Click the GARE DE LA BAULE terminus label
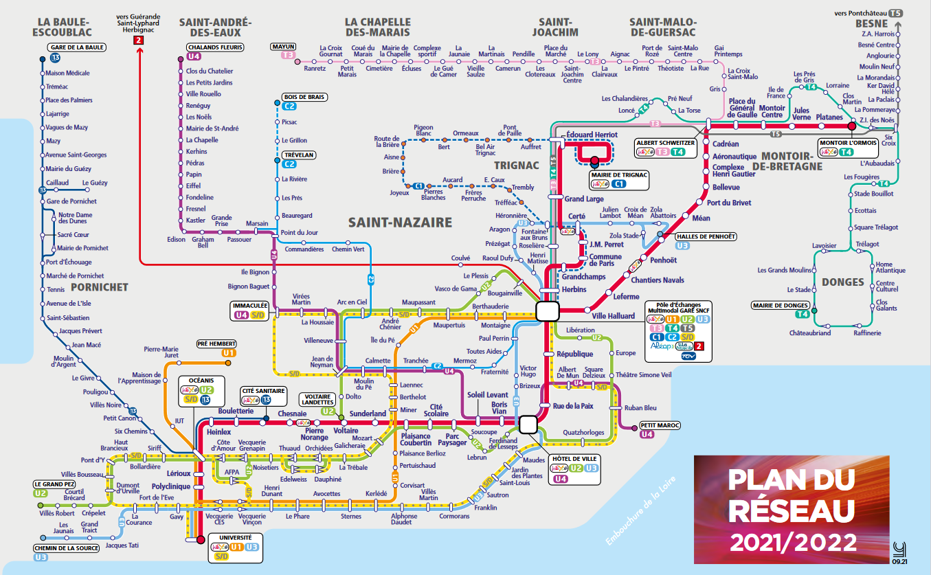pyautogui.click(x=76, y=47)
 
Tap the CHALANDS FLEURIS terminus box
pyautogui.click(x=215, y=47)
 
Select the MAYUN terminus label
pyautogui.click(x=284, y=46)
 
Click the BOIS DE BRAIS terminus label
pyautogui.click(x=303, y=97)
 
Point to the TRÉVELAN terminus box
pyautogui.click(x=298, y=155)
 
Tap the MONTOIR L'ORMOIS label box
pyautogui.click(x=848, y=143)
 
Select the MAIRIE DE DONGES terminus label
pyautogui.click(x=782, y=306)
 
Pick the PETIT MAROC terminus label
pyautogui.click(x=660, y=425)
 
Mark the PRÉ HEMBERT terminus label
pyautogui.click(x=216, y=343)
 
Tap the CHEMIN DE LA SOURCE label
pyautogui.click(x=67, y=548)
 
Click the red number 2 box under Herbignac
pyautogui.click(x=139, y=41)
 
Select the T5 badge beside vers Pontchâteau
pyautogui.click(x=895, y=13)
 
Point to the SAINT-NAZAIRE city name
pyautogui.click(x=400, y=222)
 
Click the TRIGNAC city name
pyautogui.click(x=516, y=165)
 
